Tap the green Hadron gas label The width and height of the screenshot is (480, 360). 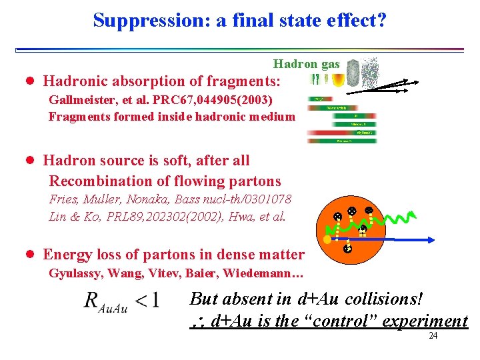point(306,64)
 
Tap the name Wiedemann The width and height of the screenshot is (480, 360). point(270,273)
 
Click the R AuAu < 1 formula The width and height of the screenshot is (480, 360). point(121,301)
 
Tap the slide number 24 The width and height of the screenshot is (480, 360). point(433,336)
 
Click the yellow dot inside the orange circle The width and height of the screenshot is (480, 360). point(327,239)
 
